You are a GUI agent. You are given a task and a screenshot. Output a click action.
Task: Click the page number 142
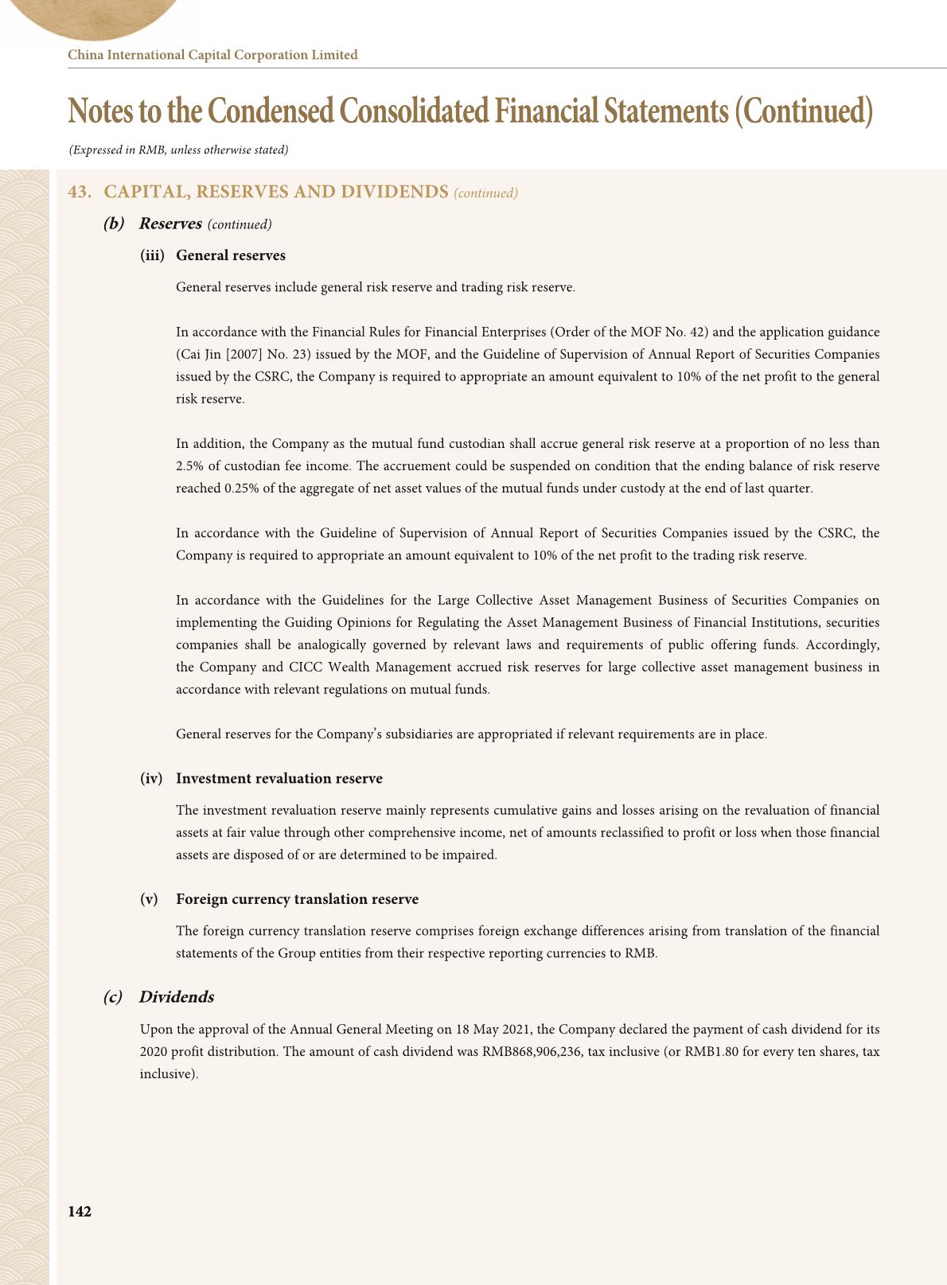tap(80, 1211)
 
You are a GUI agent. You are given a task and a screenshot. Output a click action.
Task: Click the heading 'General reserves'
tap(230, 255)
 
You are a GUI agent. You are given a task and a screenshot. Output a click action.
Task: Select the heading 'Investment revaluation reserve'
tap(279, 778)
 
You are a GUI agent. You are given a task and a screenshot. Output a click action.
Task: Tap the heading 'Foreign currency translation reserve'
tap(297, 899)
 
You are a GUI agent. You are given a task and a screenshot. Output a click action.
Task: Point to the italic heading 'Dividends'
tap(176, 997)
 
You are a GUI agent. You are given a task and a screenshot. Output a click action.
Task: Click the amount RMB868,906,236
tap(531, 1051)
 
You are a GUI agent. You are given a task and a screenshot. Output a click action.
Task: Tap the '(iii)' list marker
tap(152, 255)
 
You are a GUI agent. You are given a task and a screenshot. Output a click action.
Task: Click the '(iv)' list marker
tap(151, 778)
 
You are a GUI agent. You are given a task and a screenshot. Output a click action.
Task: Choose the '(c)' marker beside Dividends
tap(113, 997)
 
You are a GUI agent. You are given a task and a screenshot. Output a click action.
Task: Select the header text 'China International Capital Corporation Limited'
tap(212, 55)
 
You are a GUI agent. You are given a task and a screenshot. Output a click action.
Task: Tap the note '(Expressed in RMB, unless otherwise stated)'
tap(178, 150)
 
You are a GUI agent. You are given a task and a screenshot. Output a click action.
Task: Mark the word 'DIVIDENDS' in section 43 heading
tap(390, 193)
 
